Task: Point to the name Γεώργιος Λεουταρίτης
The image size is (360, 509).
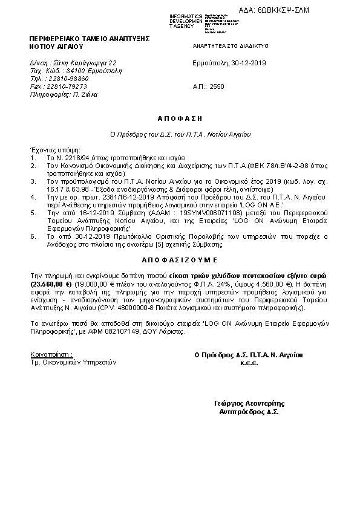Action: point(249,403)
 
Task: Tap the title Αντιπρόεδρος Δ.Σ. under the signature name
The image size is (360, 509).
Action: point(249,412)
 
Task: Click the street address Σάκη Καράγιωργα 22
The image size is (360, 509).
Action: point(85,63)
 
